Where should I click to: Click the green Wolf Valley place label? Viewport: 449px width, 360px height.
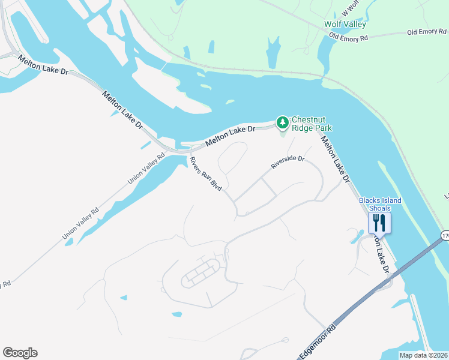(345, 24)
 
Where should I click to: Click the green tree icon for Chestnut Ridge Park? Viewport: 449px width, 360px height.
(283, 122)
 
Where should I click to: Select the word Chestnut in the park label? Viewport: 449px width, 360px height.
(310, 119)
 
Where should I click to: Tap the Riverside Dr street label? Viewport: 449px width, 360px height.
(288, 163)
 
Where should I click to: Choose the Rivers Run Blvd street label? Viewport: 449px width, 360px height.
(206, 175)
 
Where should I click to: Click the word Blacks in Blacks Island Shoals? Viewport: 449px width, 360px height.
(370, 200)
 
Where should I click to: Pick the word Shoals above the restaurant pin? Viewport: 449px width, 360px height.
(380, 208)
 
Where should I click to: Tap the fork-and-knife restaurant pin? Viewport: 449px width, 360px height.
(379, 223)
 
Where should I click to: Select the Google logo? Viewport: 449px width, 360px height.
(20, 353)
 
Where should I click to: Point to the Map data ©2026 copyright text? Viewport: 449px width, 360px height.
(423, 355)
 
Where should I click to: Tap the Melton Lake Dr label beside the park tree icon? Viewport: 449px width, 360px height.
(230, 137)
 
